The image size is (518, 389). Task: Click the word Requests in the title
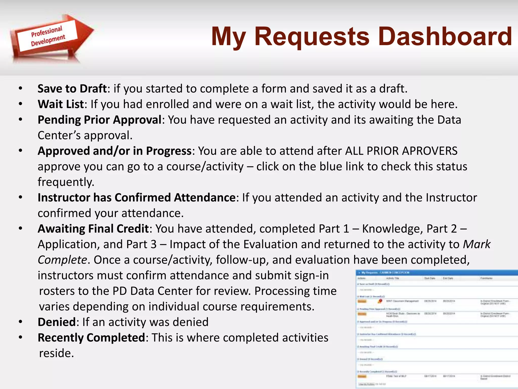312,37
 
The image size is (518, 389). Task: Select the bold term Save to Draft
72,89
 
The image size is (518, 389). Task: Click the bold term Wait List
61,104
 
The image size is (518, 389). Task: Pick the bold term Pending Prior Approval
99,120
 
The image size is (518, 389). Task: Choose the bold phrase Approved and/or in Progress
114,151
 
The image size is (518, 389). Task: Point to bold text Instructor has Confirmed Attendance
137,198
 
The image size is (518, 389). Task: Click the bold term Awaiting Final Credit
93,229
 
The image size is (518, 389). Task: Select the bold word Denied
57,322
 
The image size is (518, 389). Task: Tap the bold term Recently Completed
91,338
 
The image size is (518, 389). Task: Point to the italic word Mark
477,244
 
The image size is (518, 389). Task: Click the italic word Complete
62,260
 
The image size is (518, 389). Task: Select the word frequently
66,182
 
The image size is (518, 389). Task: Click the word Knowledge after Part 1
392,229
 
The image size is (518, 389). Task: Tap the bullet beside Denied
20,322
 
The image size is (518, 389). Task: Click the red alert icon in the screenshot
380,301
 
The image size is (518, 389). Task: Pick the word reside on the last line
56,353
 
